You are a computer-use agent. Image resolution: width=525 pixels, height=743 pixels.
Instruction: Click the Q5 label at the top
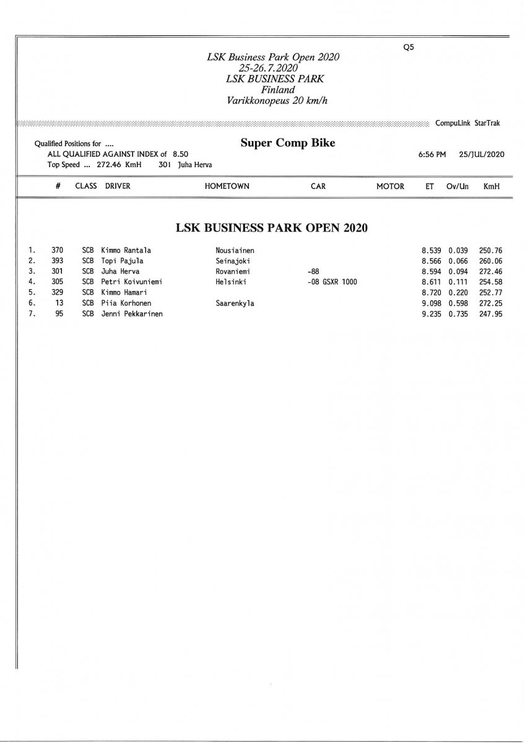coord(408,47)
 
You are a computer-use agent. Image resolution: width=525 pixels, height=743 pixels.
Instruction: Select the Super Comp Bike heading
coord(288,143)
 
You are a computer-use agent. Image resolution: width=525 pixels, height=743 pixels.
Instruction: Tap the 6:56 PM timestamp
coord(432,154)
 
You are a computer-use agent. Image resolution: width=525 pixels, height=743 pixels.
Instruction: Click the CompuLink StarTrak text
coord(468,123)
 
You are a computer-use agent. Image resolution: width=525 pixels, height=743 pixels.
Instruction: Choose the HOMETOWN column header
coord(227,186)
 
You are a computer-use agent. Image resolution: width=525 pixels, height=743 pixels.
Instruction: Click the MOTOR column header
coord(390,186)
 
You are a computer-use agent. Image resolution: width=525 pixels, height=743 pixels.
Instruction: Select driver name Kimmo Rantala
coord(126,250)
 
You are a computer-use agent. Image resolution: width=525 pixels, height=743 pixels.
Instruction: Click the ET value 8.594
coord(431,271)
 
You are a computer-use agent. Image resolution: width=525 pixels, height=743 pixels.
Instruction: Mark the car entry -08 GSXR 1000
coord(332,282)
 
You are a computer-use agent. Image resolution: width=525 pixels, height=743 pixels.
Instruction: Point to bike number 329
coord(58,292)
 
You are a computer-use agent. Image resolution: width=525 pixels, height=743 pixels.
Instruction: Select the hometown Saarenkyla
coord(235,303)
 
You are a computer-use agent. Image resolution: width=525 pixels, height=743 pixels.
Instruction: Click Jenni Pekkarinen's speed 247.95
coord(490,313)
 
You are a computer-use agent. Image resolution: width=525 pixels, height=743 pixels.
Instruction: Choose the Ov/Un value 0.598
coord(458,303)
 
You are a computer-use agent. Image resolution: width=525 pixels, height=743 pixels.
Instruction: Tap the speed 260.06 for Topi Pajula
coord(490,261)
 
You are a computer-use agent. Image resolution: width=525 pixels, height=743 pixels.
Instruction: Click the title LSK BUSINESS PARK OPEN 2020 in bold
coord(272,227)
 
